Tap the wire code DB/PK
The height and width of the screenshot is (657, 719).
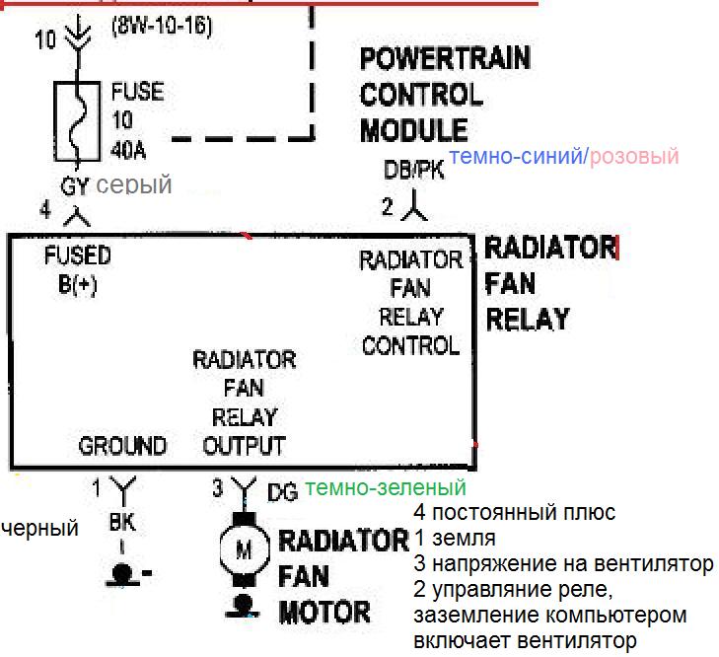[414, 171]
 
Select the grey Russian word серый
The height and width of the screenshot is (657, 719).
[134, 184]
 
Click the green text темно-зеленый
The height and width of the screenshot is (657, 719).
[386, 487]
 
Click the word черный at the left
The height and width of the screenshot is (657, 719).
[39, 529]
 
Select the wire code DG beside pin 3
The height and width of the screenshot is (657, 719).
[281, 490]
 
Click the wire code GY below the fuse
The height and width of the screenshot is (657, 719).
[75, 185]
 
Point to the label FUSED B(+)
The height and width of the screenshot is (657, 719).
[78, 269]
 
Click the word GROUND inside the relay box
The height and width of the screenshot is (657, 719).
[122, 446]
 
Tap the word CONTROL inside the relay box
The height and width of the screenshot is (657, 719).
[410, 345]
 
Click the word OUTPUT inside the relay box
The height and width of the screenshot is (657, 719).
[244, 446]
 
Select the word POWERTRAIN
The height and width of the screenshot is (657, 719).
[445, 58]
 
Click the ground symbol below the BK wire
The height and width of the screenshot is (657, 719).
[122, 573]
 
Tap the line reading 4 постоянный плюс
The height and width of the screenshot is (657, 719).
[515, 513]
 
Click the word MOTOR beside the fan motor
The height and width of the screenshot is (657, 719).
[324, 613]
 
